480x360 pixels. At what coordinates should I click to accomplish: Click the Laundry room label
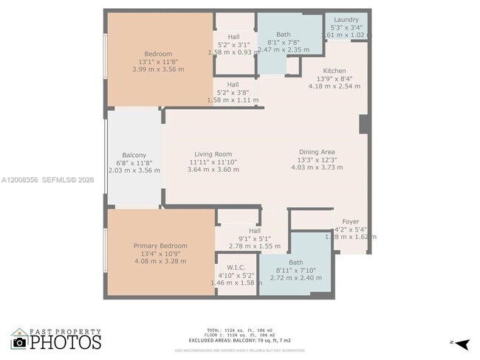(346, 20)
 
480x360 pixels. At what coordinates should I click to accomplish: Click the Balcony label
(134, 155)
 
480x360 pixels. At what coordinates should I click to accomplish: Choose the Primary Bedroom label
(160, 246)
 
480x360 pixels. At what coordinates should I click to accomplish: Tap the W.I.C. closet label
(236, 268)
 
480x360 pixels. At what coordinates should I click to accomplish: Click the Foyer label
(350, 221)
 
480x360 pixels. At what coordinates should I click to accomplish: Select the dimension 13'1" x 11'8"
(158, 62)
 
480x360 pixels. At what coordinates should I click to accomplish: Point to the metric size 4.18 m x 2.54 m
(335, 86)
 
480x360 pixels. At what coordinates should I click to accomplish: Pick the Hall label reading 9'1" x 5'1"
(255, 230)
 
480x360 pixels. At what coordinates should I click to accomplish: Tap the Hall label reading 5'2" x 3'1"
(233, 36)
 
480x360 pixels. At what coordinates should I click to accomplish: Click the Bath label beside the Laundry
(284, 35)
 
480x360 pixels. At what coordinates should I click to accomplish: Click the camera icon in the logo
(19, 342)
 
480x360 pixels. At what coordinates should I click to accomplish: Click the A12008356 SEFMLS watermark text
(49, 179)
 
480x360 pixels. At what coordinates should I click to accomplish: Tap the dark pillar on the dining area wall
(364, 123)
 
